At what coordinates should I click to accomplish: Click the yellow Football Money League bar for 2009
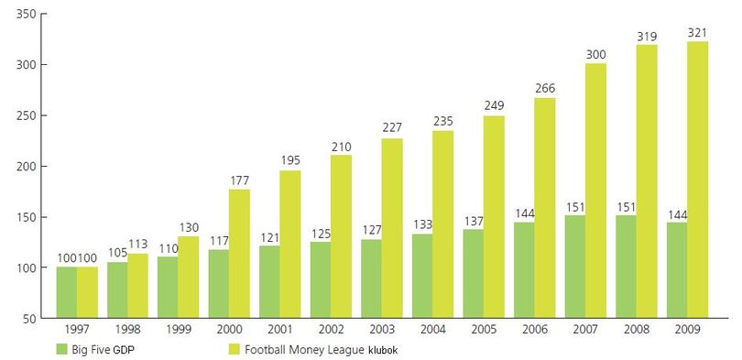click(x=697, y=180)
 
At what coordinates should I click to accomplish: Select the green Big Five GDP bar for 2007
click(x=575, y=267)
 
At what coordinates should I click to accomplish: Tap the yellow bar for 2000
click(x=239, y=254)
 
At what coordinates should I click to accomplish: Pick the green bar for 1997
click(x=67, y=292)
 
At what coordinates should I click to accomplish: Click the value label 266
click(x=545, y=89)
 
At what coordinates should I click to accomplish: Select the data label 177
click(x=240, y=180)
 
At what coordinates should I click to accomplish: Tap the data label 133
click(x=422, y=224)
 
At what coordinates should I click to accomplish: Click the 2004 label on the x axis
click(x=432, y=329)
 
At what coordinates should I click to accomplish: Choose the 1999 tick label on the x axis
click(x=179, y=329)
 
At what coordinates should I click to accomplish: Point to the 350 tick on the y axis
click(x=27, y=14)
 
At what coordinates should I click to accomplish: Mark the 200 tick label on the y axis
click(x=27, y=167)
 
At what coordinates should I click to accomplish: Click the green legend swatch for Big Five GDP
click(x=62, y=350)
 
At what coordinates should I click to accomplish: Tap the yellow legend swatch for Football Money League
click(x=235, y=350)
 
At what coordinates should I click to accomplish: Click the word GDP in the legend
click(x=128, y=350)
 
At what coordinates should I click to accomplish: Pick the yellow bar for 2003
click(x=392, y=228)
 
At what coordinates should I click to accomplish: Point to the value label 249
click(x=494, y=105)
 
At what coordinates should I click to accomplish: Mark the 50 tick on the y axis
click(x=29, y=319)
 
